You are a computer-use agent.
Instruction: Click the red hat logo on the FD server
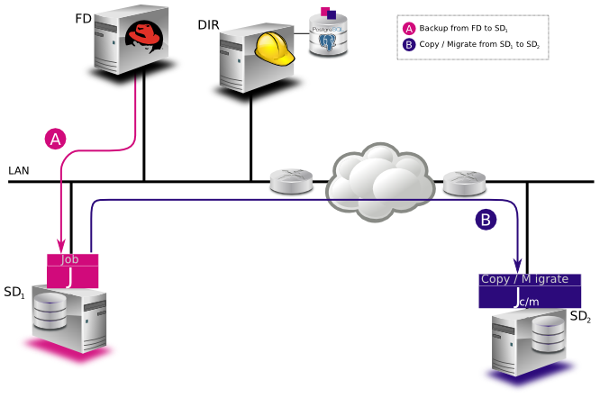pos(143,35)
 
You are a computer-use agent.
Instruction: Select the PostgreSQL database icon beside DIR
pos(327,35)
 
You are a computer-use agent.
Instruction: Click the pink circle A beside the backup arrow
pos(56,139)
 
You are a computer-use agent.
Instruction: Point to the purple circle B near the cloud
pos(486,219)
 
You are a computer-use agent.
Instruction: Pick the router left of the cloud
pos(290,184)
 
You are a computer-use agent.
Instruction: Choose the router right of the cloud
pos(465,184)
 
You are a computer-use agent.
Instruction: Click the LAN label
pos(19,170)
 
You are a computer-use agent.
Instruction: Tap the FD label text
pos(83,18)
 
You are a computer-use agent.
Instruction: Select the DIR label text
pos(208,24)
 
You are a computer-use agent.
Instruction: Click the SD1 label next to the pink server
pos(14,292)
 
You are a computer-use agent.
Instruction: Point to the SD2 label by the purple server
pos(580,316)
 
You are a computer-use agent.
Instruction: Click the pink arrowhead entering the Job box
pos(61,245)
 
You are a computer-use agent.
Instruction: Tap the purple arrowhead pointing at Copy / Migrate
pos(518,265)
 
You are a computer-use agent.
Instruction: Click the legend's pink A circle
pos(409,28)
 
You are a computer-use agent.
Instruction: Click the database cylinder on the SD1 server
pos(50,312)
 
